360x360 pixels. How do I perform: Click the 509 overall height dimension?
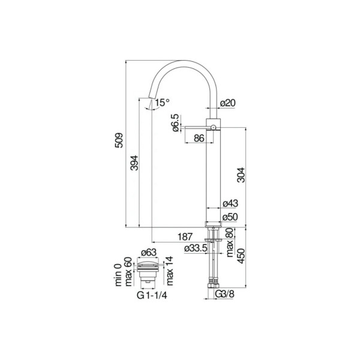[119, 140]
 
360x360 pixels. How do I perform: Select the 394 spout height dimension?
[134, 163]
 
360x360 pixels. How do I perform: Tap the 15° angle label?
[162, 103]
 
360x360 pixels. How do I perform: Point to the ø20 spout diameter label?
[228, 103]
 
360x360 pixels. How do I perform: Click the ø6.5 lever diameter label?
[175, 123]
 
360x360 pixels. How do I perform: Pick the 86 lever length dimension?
[199, 138]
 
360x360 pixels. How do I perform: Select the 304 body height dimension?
[241, 175]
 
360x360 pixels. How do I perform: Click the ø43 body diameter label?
[230, 203]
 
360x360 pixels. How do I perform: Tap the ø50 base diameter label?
[230, 217]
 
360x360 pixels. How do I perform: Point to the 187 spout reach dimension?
[185, 237]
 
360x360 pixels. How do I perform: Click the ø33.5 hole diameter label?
[196, 248]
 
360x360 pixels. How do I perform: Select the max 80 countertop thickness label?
[230, 242]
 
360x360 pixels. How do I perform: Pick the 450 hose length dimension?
[241, 256]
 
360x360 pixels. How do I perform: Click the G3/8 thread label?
[225, 294]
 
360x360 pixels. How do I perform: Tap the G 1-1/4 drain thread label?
[152, 295]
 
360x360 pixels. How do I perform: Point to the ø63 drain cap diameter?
[149, 253]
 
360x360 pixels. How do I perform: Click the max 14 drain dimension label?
[169, 271]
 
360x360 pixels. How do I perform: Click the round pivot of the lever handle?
[213, 127]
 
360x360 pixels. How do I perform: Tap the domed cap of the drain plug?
[148, 261]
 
